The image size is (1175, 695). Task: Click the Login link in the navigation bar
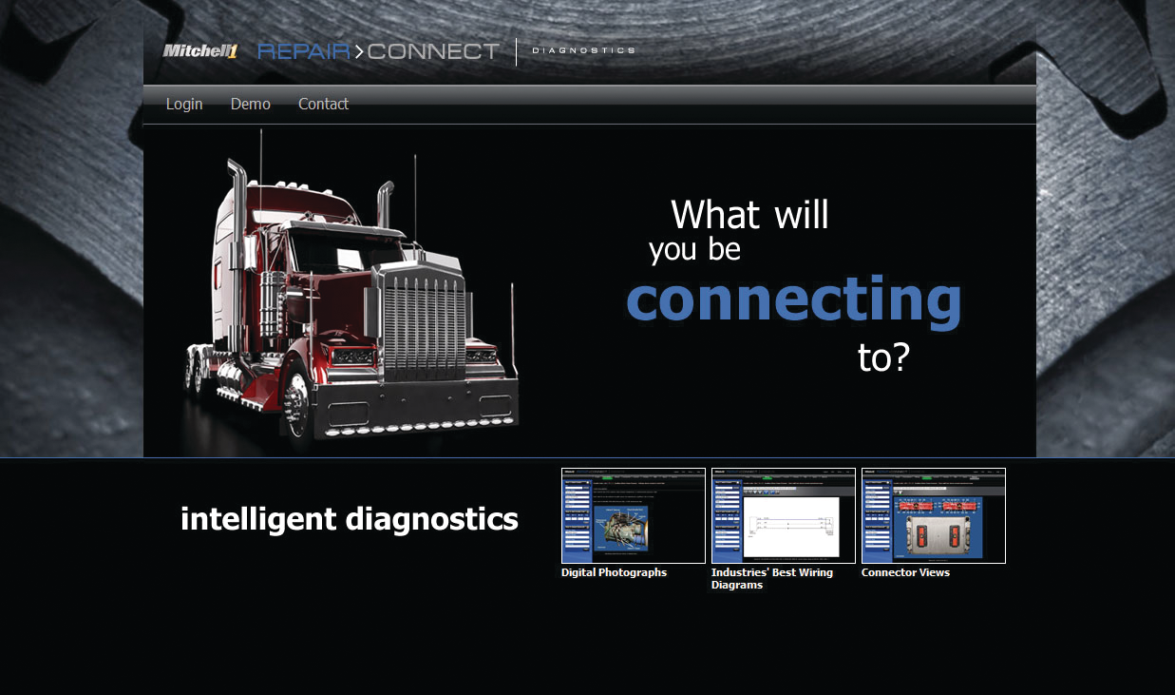point(184,104)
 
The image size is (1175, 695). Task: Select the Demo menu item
point(251,104)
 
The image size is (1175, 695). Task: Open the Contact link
point(323,104)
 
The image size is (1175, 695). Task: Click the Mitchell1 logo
point(199,51)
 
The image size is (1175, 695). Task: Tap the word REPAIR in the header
point(304,51)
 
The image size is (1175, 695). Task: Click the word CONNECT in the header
point(432,51)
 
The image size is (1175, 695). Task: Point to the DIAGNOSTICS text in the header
point(583,50)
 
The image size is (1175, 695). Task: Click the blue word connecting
point(794,299)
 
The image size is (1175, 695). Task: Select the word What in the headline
point(715,215)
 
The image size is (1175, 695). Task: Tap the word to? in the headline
point(883,357)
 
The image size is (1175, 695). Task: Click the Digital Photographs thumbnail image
point(634,515)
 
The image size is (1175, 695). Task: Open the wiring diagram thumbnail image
point(784,515)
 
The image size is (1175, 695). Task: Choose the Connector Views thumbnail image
point(934,515)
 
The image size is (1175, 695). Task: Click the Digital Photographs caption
point(614,572)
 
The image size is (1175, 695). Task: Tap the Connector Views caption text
point(905,572)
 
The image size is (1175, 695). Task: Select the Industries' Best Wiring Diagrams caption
point(771,578)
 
